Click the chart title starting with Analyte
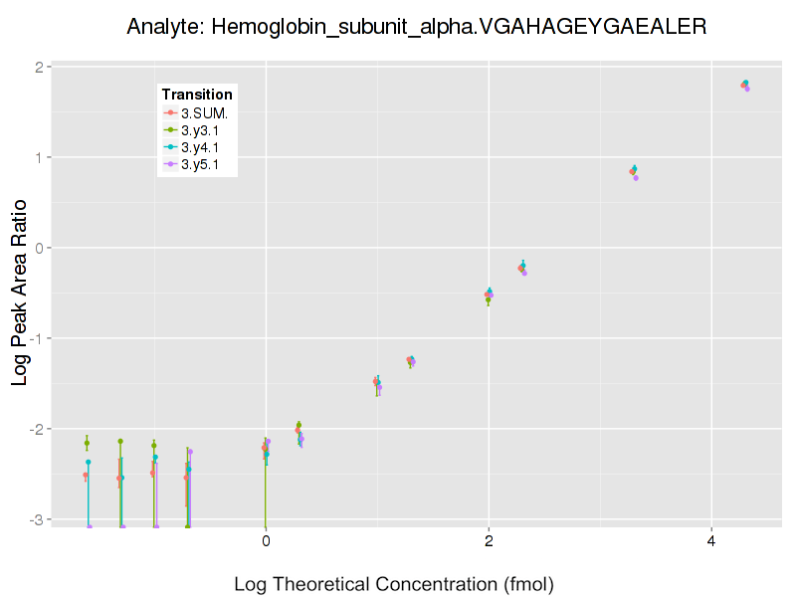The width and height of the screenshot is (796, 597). pyautogui.click(x=417, y=27)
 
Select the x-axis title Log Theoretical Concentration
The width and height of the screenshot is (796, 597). pyautogui.click(x=393, y=583)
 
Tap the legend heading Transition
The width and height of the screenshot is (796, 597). pyautogui.click(x=197, y=95)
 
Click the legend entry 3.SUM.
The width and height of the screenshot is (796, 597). pyautogui.click(x=205, y=112)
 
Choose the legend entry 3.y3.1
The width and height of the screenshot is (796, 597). pyautogui.click(x=205, y=130)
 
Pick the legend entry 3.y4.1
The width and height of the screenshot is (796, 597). pyautogui.click(x=205, y=147)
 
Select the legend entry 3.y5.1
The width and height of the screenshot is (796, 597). pyautogui.click(x=205, y=164)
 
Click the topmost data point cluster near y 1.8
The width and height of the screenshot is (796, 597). pyautogui.click(x=744, y=86)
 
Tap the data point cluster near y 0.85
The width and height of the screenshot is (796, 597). pyautogui.click(x=634, y=171)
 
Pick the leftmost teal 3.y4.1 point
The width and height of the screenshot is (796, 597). pyautogui.click(x=89, y=462)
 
